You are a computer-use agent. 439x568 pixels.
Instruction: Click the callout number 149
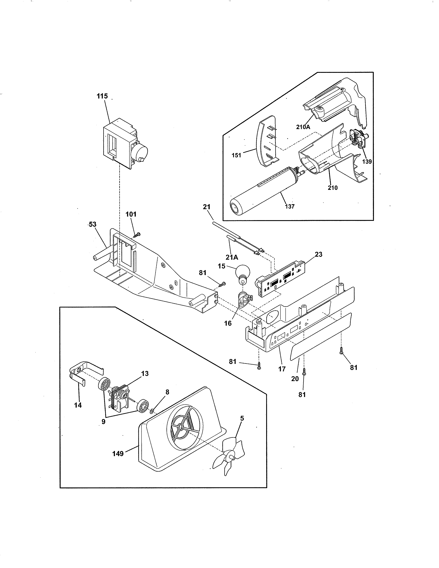[118, 454]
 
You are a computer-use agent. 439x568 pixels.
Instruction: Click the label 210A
[303, 127]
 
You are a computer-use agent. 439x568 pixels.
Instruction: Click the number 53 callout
[92, 224]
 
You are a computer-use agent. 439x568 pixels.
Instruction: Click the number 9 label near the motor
[103, 422]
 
